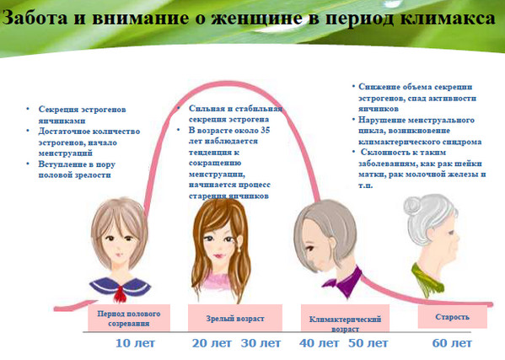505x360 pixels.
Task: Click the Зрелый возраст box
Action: click(235, 319)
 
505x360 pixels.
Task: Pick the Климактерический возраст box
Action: click(341, 321)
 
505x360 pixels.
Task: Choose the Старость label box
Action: click(452, 318)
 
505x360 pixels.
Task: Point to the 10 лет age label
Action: click(133, 344)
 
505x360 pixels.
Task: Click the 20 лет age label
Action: click(212, 344)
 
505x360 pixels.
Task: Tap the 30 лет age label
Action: click(261, 344)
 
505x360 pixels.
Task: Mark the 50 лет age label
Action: click(368, 344)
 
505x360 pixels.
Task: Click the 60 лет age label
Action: click(451, 344)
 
